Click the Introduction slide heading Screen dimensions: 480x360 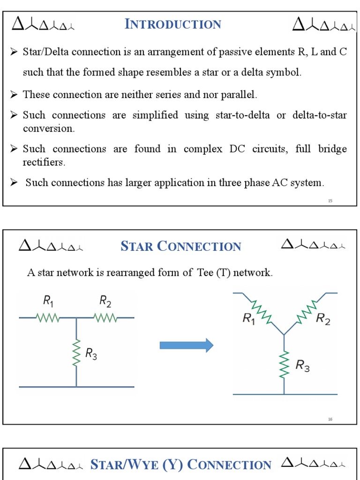click(x=173, y=24)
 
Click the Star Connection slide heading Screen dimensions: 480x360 click(x=180, y=246)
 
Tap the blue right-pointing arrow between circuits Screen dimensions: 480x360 click(x=187, y=346)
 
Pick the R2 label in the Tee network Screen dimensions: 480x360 click(x=105, y=301)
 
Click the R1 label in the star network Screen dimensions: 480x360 click(x=249, y=319)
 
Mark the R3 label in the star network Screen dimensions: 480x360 click(x=302, y=366)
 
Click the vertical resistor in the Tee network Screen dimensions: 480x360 click(x=76, y=352)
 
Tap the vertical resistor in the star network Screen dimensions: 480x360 click(x=284, y=365)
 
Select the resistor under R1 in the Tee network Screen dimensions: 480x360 click(x=48, y=318)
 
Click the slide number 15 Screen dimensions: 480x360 click(x=330, y=201)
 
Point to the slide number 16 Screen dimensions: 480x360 click(x=330, y=419)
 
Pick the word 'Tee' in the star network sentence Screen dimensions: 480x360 click(x=203, y=273)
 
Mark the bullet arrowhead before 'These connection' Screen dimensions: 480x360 click(x=14, y=95)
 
